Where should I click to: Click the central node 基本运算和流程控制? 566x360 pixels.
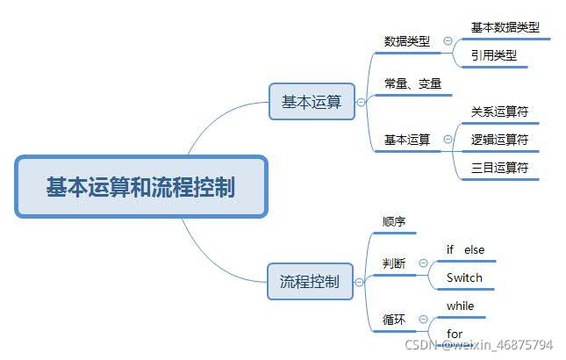pyautogui.click(x=140, y=187)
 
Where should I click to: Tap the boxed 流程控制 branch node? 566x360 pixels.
pyautogui.click(x=310, y=282)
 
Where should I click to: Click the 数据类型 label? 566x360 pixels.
pyautogui.click(x=407, y=41)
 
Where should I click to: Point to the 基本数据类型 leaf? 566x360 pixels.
pyautogui.click(x=505, y=27)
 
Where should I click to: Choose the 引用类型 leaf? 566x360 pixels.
pyautogui.click(x=494, y=55)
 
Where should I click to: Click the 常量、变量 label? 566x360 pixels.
pyautogui.click(x=412, y=85)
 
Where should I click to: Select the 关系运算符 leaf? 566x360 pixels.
pyautogui.click(x=499, y=112)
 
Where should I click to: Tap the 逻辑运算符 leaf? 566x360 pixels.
pyautogui.click(x=499, y=139)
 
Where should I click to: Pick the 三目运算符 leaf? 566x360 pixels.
pyautogui.click(x=499, y=167)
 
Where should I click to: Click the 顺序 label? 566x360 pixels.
pyautogui.click(x=395, y=222)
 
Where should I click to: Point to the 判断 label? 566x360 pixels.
pyautogui.click(x=395, y=263)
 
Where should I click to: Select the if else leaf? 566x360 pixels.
pyautogui.click(x=465, y=250)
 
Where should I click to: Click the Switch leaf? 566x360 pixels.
pyautogui.click(x=464, y=278)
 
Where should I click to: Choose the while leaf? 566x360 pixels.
pyautogui.click(x=460, y=306)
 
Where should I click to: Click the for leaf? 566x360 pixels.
pyautogui.click(x=455, y=334)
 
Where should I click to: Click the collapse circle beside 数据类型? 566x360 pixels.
pyautogui.click(x=448, y=41)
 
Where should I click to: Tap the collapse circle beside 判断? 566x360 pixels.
pyautogui.click(x=423, y=263)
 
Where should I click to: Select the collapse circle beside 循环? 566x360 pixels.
pyautogui.click(x=423, y=319)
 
